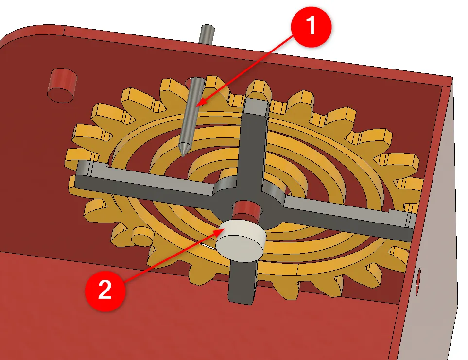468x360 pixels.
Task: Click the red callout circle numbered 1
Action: click(x=312, y=26)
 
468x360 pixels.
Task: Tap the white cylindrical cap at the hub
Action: click(x=241, y=240)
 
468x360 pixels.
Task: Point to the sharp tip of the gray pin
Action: click(x=183, y=155)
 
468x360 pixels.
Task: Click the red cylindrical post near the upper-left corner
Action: click(x=62, y=86)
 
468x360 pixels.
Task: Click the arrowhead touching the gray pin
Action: click(x=201, y=103)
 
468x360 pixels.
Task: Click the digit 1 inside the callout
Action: click(x=311, y=25)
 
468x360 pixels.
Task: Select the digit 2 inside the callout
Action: click(x=105, y=290)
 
